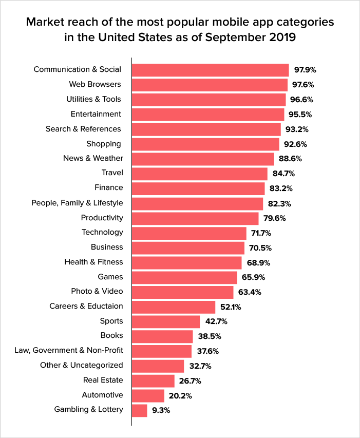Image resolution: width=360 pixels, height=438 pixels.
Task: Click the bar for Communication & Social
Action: [210, 70]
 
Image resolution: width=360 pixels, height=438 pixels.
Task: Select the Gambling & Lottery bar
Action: [140, 410]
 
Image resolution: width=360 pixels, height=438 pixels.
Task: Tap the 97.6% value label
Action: [304, 85]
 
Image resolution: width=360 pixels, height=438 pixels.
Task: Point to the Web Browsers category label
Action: [95, 84]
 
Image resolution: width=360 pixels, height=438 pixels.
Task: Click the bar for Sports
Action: [166, 321]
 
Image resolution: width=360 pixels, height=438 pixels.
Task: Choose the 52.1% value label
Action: [231, 307]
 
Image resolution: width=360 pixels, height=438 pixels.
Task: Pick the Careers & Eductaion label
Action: [86, 306]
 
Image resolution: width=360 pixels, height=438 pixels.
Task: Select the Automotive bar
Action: [148, 395]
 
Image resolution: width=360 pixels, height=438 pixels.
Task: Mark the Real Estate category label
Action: [103, 380]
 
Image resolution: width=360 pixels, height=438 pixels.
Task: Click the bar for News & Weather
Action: [203, 159]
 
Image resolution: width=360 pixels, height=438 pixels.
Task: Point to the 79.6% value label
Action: [275, 218]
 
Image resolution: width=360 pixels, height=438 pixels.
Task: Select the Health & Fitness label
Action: [93, 262]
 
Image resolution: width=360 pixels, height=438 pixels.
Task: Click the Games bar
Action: [184, 277]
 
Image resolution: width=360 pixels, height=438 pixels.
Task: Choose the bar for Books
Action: [162, 336]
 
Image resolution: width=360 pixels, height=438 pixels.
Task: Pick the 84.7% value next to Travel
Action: [283, 174]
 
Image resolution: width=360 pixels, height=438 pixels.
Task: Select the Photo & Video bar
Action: [182, 292]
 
